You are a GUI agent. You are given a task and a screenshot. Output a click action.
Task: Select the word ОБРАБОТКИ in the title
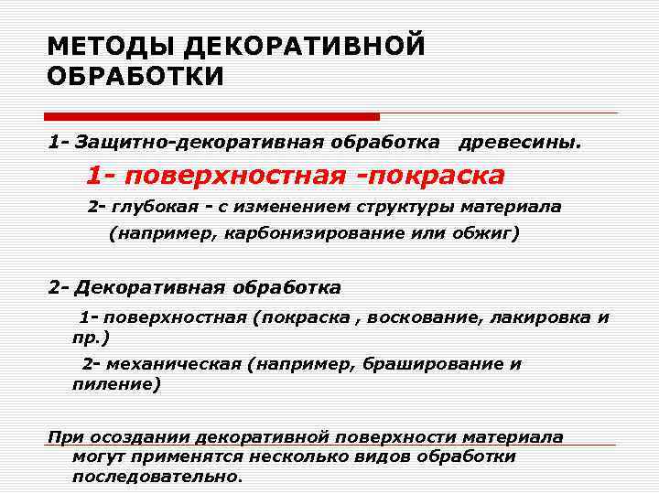click(x=135, y=75)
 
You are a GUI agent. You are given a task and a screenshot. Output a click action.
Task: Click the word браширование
click(x=429, y=364)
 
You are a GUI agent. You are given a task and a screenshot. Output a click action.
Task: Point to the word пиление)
click(x=115, y=384)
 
